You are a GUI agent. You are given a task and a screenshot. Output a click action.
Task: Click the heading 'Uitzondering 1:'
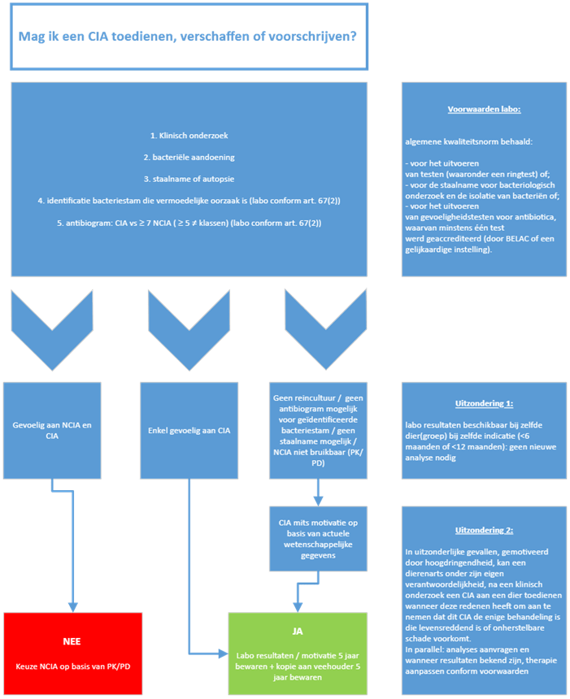pos(485,402)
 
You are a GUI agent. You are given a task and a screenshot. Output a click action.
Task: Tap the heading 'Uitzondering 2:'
pos(485,530)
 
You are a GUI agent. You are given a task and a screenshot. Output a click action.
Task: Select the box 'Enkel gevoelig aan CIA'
pos(189,430)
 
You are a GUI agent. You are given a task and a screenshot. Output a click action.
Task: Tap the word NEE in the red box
pos(72,640)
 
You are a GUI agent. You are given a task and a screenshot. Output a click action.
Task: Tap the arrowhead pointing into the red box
pos(72,606)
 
